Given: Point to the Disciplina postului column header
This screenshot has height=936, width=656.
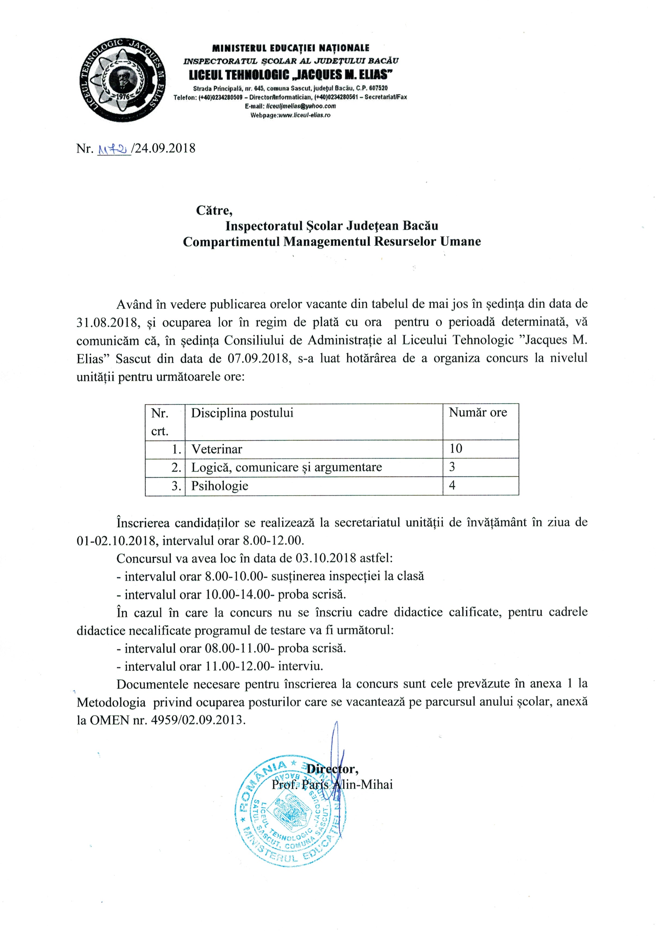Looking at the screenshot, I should tap(242, 413).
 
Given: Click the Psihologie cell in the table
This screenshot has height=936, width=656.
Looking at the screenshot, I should tap(220, 486).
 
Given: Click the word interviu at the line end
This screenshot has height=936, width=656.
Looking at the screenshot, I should tap(300, 667).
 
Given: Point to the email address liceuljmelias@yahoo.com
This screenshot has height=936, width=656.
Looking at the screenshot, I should tap(301, 106).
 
